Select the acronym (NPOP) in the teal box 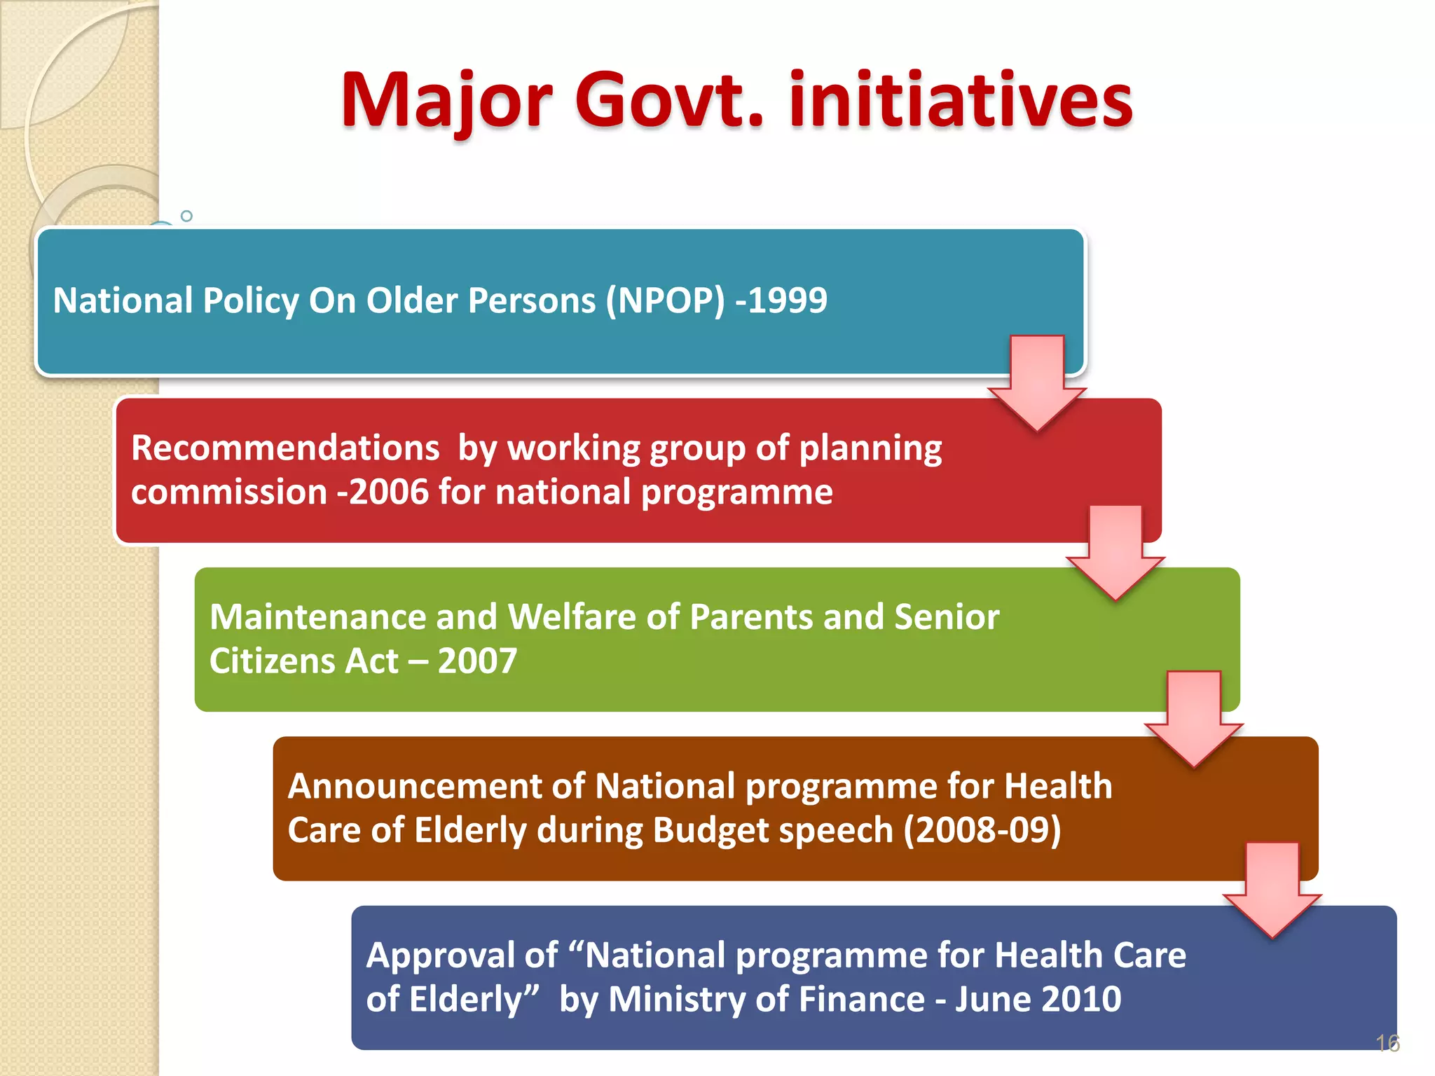(665, 301)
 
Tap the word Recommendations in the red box (285, 448)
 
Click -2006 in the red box (383, 492)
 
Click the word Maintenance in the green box (317, 617)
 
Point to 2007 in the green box (477, 661)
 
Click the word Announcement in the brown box (414, 786)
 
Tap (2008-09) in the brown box (982, 831)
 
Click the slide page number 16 (1387, 1043)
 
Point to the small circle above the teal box (186, 216)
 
